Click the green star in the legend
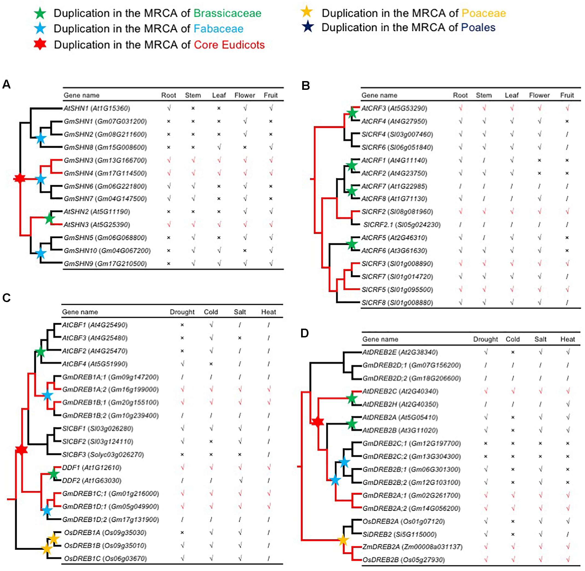(x=40, y=13)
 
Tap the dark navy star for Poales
(x=308, y=27)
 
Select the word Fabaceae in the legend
(x=218, y=29)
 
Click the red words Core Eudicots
(x=229, y=45)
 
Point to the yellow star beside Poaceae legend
(x=307, y=12)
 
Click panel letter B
(x=305, y=86)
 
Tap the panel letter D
(x=304, y=333)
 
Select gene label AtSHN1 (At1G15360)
(x=97, y=108)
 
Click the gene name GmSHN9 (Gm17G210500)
(x=105, y=264)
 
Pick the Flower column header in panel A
(x=245, y=95)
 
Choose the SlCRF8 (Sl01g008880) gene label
(x=397, y=303)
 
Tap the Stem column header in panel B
(x=484, y=95)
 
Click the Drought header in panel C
(x=182, y=312)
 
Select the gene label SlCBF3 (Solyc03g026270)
(x=103, y=455)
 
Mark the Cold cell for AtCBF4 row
(x=211, y=364)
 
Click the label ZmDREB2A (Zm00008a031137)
(x=412, y=547)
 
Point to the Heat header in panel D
(x=567, y=339)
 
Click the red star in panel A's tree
(x=20, y=179)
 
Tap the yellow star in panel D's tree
(x=343, y=540)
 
